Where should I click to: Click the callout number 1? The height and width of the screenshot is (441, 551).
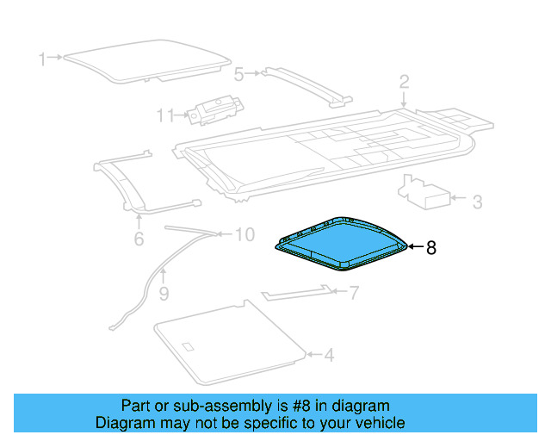point(42,59)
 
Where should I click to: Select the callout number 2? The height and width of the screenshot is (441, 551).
point(404,82)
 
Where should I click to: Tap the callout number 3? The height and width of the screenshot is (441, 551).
point(477,202)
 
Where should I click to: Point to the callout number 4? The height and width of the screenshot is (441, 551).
point(329,355)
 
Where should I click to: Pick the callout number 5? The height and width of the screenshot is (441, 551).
point(239,75)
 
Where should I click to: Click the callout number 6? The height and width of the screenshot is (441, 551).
point(139,239)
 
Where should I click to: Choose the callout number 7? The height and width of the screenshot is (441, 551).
point(354,293)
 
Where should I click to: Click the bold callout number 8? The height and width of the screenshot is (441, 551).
point(431,247)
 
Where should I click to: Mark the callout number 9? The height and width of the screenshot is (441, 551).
point(164,294)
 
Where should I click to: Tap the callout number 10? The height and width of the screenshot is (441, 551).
point(245,234)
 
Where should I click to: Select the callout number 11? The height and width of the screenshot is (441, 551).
point(165,115)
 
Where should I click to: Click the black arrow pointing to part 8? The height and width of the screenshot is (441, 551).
point(416,247)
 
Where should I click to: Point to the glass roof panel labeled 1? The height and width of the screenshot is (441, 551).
point(147,61)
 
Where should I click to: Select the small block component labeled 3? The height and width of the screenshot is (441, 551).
point(424,192)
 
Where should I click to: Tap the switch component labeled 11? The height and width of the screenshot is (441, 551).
point(215,109)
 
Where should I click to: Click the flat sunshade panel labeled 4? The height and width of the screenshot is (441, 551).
point(230,342)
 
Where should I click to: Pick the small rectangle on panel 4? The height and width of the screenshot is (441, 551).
point(188,347)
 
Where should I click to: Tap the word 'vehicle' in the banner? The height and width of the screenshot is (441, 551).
point(380,423)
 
